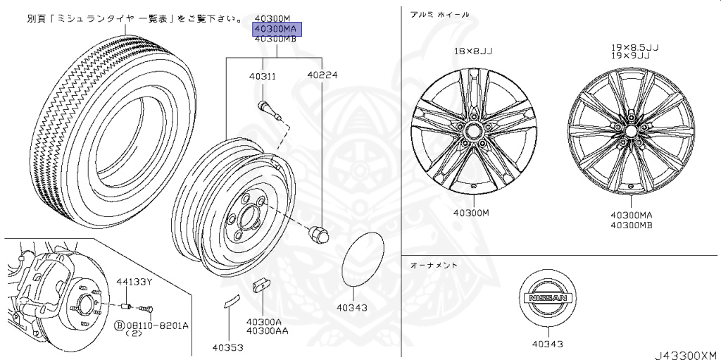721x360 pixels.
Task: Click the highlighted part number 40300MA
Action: pos(277,28)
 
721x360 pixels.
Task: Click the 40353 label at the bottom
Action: pos(228,347)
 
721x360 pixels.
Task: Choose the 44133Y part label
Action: pos(134,282)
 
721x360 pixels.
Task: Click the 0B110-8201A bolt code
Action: pos(156,326)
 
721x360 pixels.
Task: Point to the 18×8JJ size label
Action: pos(473,51)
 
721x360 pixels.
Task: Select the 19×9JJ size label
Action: pos(634,54)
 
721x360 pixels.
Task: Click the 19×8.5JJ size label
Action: pos(634,46)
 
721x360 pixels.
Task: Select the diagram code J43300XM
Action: pos(683,354)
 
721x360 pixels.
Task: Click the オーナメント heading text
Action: pos(434,265)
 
